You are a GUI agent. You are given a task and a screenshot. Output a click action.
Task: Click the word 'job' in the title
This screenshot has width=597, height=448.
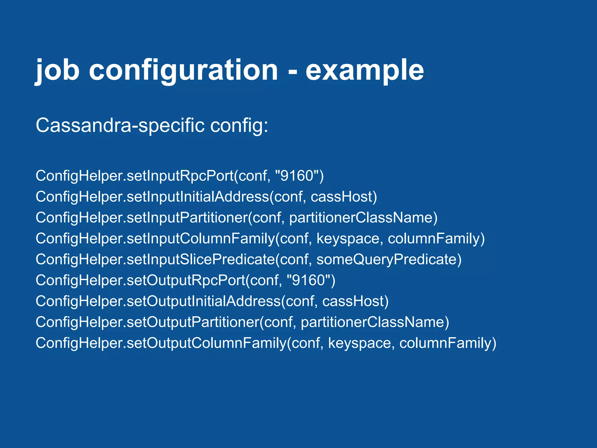click(57, 70)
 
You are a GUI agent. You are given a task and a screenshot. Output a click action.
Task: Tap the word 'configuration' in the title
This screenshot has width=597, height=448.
click(184, 70)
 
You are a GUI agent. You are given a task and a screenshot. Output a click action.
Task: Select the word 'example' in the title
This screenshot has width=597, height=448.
click(364, 70)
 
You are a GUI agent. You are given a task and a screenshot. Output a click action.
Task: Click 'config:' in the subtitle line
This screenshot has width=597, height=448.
click(239, 125)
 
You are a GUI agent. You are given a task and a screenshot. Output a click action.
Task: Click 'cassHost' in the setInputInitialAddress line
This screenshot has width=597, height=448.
click(341, 197)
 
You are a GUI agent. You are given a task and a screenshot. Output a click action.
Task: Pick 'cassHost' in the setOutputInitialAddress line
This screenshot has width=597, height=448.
click(353, 301)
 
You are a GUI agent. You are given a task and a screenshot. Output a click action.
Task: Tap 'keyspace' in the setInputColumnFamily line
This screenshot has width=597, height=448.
click(348, 239)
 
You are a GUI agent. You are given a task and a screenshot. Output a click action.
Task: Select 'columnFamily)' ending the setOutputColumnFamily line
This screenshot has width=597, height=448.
click(448, 343)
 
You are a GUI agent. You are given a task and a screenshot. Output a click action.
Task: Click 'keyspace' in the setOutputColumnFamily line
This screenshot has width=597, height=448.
click(360, 343)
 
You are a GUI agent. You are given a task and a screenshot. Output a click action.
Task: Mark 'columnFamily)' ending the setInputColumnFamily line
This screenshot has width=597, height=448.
click(436, 239)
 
